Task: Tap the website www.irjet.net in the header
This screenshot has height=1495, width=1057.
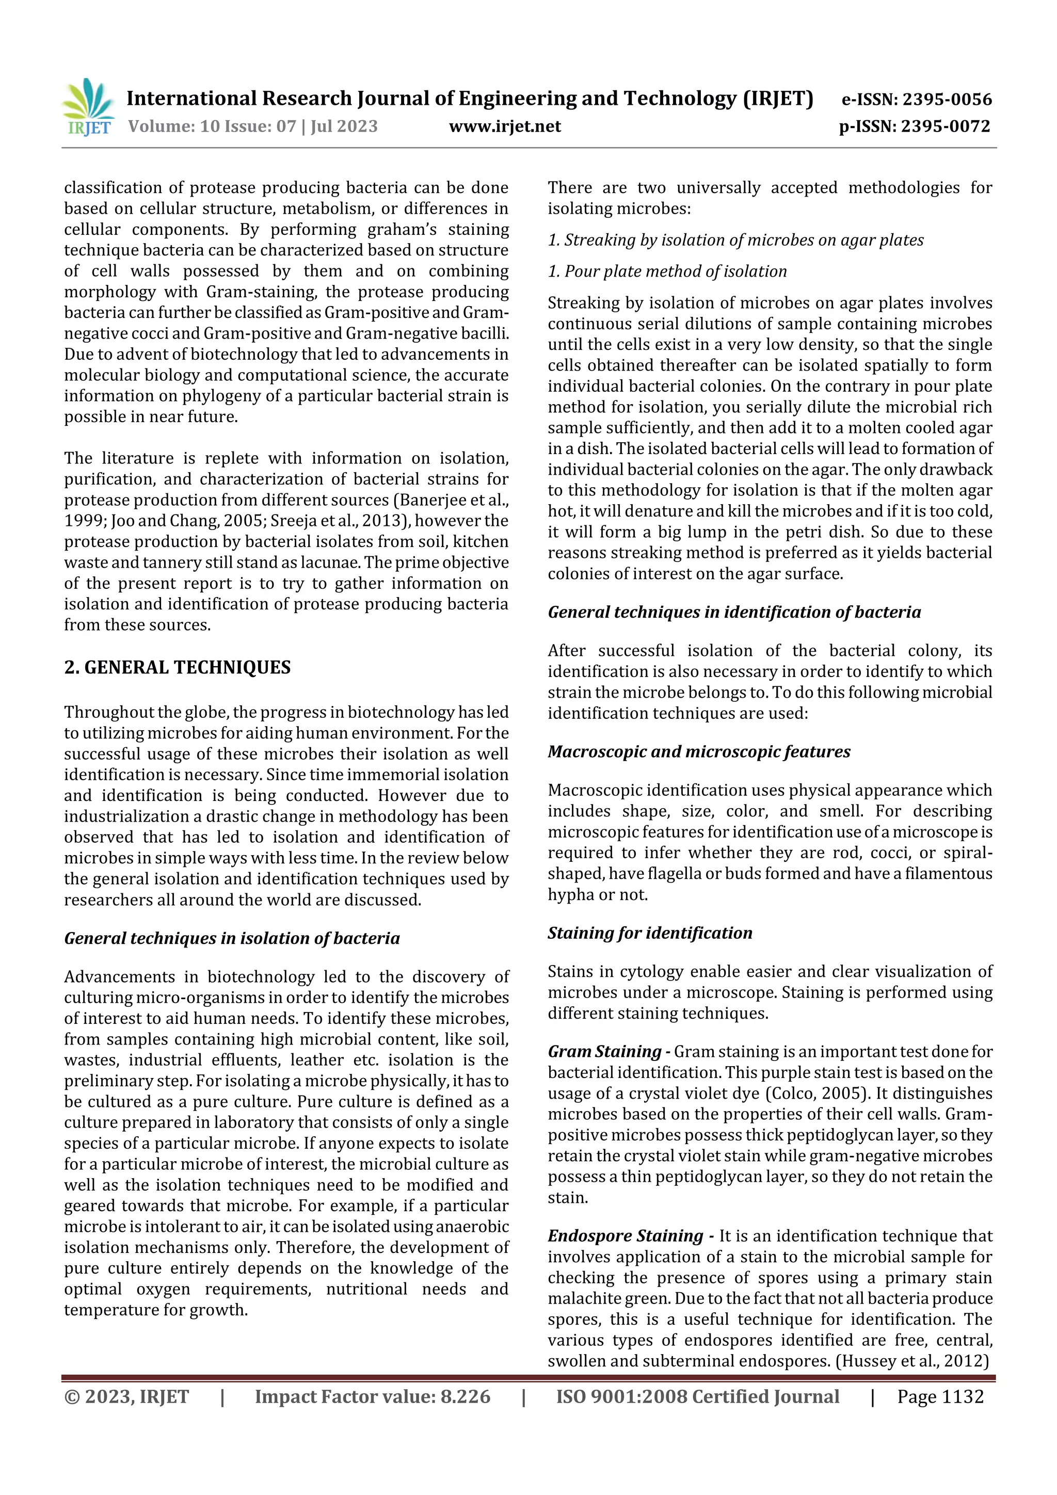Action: [505, 126]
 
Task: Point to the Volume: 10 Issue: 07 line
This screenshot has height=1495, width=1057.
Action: [253, 126]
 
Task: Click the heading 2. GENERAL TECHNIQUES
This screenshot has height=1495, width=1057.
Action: [177, 667]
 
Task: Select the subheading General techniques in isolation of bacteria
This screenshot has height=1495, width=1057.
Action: [232, 938]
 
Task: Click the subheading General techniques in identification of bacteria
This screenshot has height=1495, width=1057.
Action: [734, 612]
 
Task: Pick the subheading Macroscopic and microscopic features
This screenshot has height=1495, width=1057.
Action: [699, 751]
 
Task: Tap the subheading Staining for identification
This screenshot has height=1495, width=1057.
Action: [649, 933]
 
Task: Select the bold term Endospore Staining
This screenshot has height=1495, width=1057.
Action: [625, 1236]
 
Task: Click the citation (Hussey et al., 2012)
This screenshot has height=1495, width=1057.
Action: [912, 1361]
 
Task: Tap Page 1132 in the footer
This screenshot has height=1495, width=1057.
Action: [940, 1396]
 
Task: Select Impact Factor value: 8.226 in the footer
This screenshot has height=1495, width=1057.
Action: [373, 1396]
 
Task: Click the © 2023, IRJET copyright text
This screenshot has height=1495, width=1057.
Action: [126, 1396]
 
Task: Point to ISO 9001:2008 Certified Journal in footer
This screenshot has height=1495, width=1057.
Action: [697, 1396]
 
